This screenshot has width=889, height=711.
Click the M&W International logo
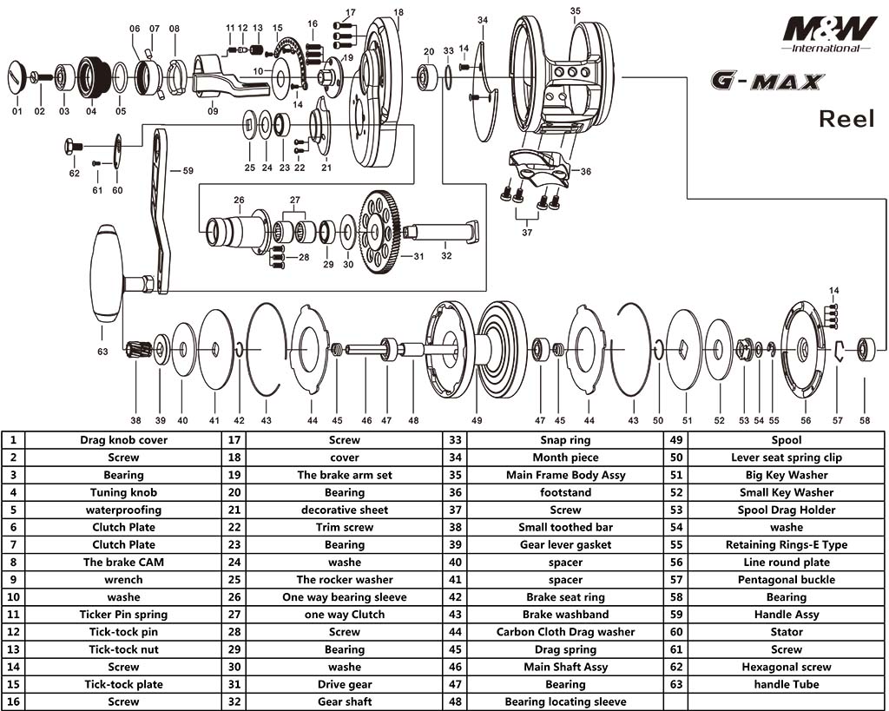(x=829, y=32)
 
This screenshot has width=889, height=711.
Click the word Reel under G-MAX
(x=846, y=119)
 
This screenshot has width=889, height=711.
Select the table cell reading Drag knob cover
(x=123, y=440)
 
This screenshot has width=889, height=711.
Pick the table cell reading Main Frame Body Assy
(x=565, y=475)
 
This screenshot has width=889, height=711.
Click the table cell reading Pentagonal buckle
(x=786, y=580)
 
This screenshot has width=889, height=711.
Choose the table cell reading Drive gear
(x=344, y=684)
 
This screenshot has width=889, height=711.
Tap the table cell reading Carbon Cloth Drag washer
(x=565, y=632)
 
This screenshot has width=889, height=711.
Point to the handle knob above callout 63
(x=107, y=273)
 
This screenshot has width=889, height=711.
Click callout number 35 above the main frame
(x=575, y=11)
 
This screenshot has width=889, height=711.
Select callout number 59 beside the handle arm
(x=188, y=171)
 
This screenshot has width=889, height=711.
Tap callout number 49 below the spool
(x=477, y=420)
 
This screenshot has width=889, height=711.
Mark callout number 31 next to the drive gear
(x=418, y=256)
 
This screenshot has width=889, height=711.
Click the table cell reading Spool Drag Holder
(x=786, y=510)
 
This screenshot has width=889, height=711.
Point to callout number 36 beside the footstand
(x=586, y=172)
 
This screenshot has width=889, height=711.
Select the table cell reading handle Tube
(x=786, y=684)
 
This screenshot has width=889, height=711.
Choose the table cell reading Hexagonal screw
(x=786, y=667)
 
